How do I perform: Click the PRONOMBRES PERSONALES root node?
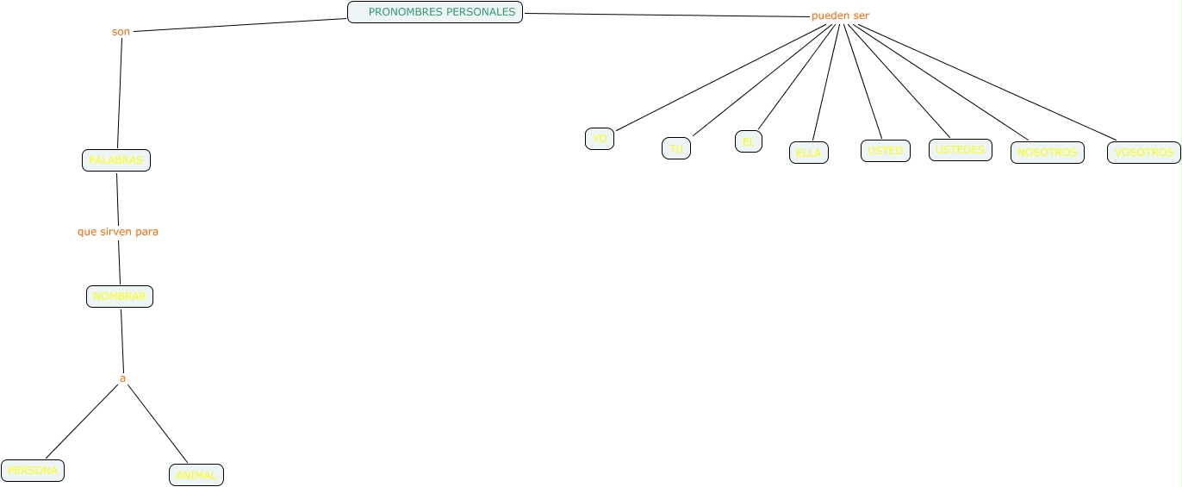coord(435,12)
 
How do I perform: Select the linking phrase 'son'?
coord(121,32)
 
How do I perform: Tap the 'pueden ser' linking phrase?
coord(840,16)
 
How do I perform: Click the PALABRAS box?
coord(116,160)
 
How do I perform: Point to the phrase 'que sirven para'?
coord(118,232)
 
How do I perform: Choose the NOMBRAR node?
coord(120,297)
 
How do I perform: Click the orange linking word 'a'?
coord(122,378)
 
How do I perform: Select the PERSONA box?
coord(33,471)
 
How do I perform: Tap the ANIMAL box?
coord(196,475)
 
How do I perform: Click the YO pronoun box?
coord(600,139)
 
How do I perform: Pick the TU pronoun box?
coord(676,148)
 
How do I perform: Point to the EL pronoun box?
coord(748,141)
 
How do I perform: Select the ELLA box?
coord(809,153)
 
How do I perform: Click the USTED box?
coord(885,151)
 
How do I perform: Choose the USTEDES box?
coord(960,150)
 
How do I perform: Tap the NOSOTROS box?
coord(1047,153)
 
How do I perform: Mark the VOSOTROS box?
coord(1143,153)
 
